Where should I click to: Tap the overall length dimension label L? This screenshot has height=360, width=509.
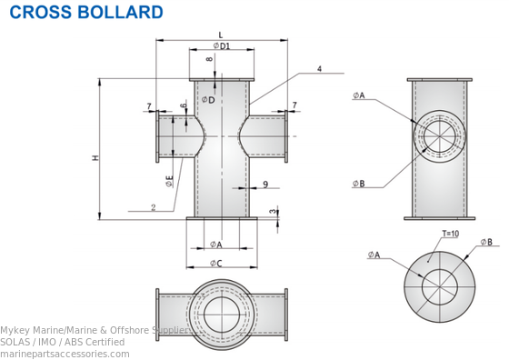[221, 35]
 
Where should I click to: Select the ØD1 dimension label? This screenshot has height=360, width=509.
[222, 45]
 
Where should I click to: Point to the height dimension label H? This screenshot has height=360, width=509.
[95, 158]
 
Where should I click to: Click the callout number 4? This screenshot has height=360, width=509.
[319, 69]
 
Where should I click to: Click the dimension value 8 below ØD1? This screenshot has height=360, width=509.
[210, 60]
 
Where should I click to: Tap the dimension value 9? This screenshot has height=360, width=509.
[264, 185]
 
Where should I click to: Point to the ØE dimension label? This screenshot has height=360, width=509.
[170, 181]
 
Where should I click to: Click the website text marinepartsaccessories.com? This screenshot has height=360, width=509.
[65, 354]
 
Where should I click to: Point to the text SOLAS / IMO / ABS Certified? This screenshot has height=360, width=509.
[62, 342]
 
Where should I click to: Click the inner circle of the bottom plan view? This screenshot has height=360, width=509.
[221, 315]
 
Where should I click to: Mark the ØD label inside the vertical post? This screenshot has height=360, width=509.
[209, 100]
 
